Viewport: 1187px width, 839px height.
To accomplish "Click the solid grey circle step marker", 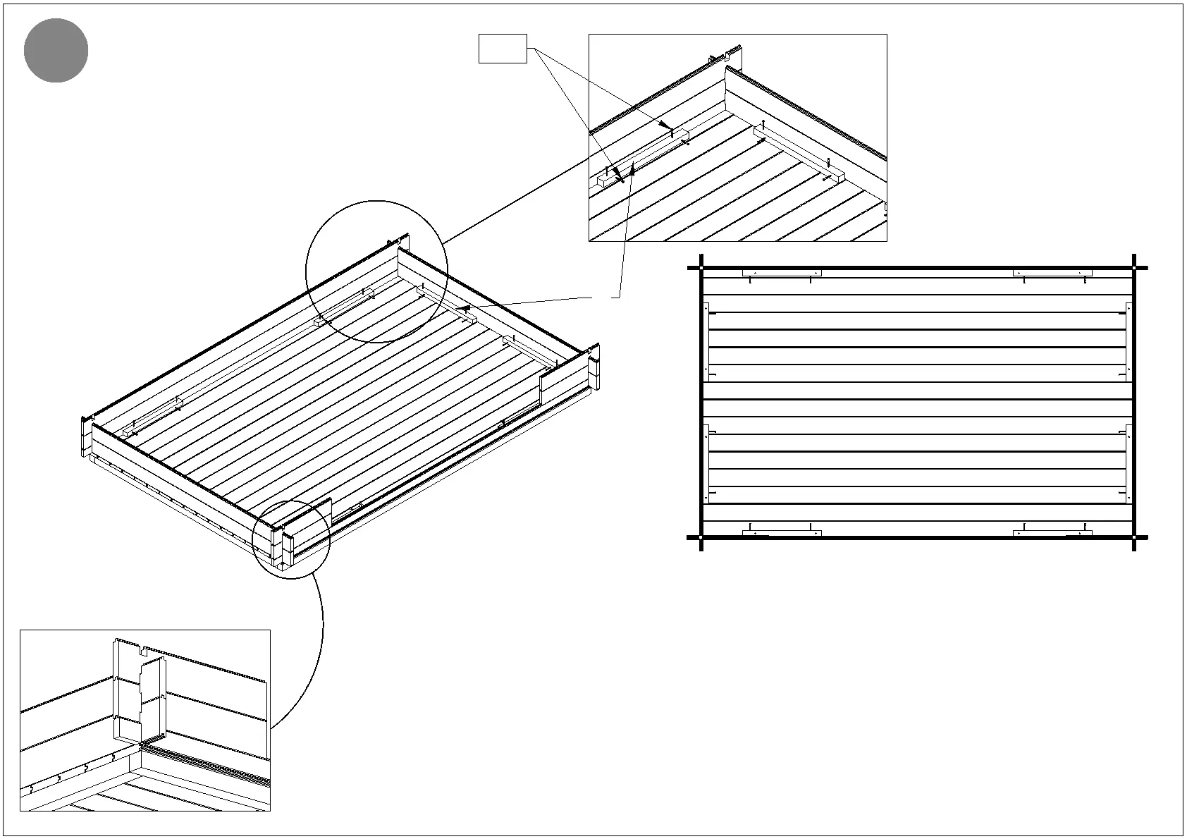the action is click(x=56, y=51).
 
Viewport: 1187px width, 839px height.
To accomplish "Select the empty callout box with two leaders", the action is click(x=503, y=49).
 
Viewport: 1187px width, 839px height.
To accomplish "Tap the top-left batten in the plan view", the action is click(x=782, y=273).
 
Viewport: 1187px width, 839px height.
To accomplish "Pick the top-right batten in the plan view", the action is click(x=1052, y=273).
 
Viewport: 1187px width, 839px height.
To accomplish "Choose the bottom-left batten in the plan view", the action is click(x=782, y=533).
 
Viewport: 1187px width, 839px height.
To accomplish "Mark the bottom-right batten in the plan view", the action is click(x=1052, y=533).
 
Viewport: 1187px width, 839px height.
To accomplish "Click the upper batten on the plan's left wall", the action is click(x=706, y=341).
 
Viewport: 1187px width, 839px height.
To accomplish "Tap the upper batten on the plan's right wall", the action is click(x=1128, y=341).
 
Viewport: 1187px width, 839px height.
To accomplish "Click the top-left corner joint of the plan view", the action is click(x=701, y=268).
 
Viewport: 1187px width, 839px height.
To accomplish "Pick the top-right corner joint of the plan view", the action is click(x=1134, y=268).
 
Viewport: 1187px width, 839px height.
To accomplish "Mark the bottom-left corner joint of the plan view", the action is click(x=701, y=538).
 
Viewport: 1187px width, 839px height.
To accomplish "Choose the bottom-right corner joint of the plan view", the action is click(x=1134, y=538).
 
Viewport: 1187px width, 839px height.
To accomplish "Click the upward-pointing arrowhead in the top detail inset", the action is click(x=634, y=165).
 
